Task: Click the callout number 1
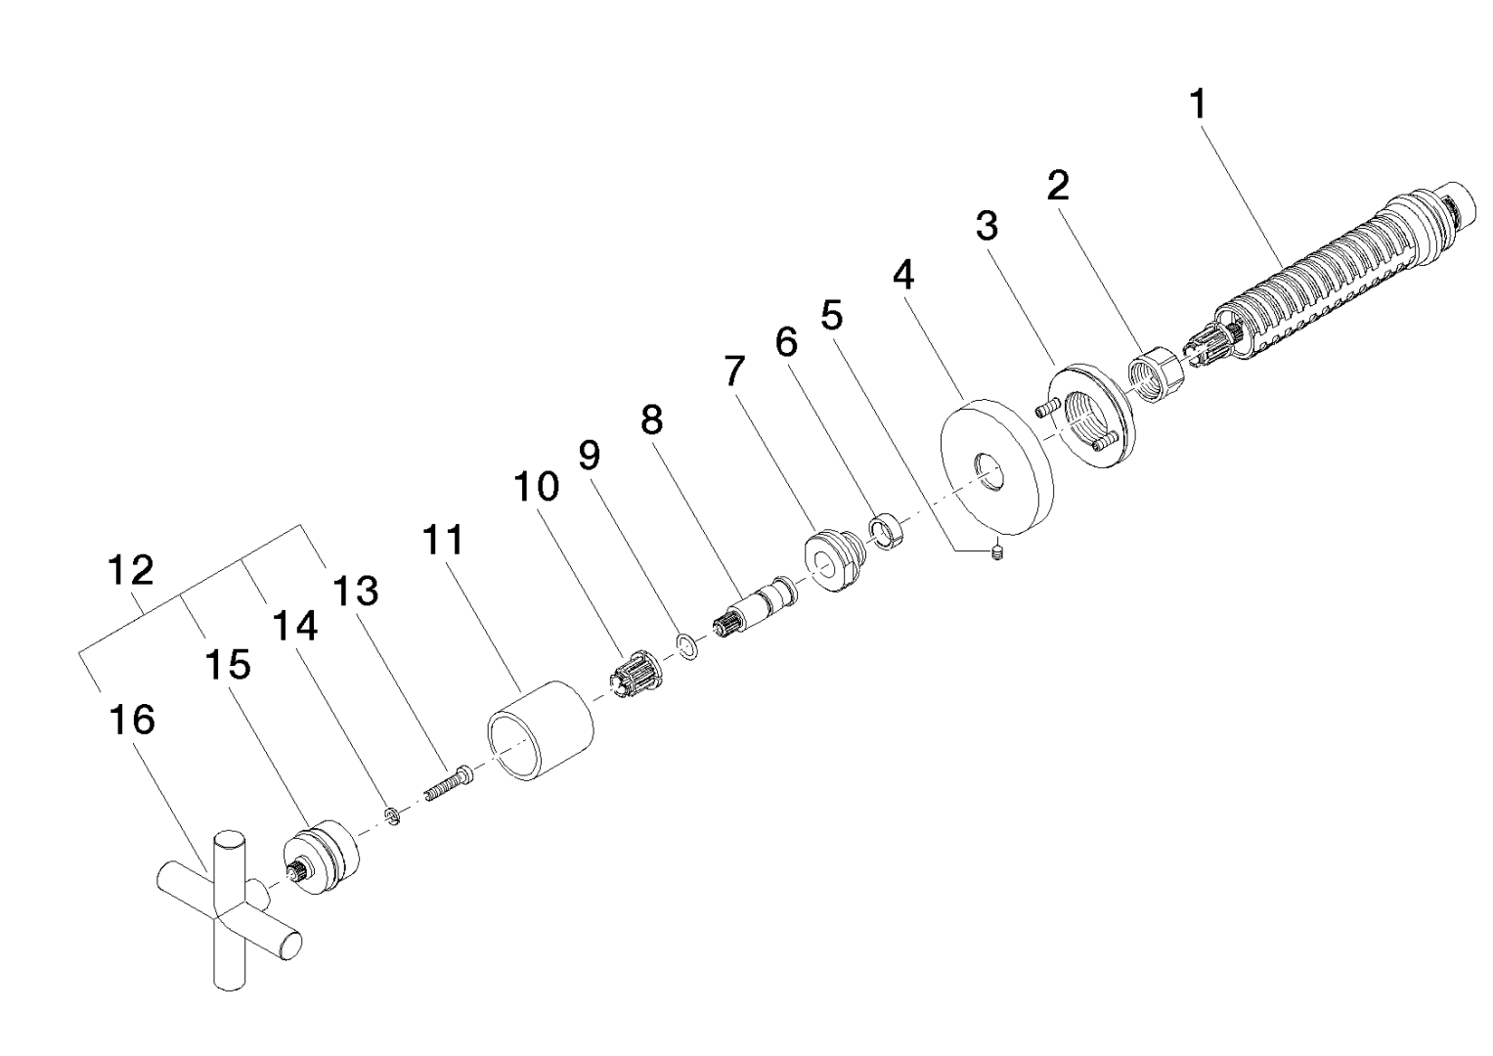(1199, 106)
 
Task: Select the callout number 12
(131, 571)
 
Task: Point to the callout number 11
(443, 540)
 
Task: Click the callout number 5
(832, 315)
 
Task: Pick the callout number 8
(652, 420)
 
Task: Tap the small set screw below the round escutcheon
(997, 552)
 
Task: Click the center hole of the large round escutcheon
(988, 470)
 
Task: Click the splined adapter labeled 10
(636, 674)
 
